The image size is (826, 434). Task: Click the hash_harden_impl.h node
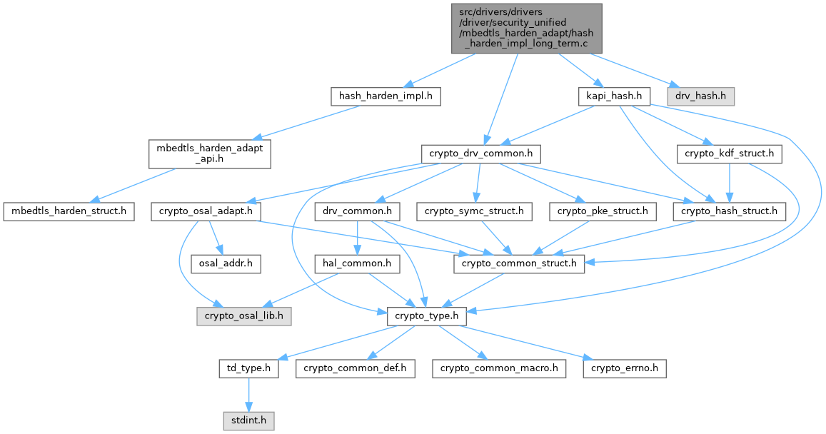click(x=386, y=96)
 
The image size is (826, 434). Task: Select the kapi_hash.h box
click(x=613, y=96)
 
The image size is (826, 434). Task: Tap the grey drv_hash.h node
click(x=700, y=96)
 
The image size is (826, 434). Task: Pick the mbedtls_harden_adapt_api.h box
click(x=210, y=153)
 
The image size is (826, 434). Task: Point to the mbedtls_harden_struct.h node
click(x=69, y=211)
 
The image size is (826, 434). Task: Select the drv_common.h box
click(x=356, y=211)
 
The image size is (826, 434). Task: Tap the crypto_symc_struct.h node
click(x=474, y=211)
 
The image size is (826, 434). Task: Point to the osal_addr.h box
click(x=224, y=263)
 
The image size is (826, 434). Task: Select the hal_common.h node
click(x=356, y=263)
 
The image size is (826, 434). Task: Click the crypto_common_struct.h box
click(x=520, y=263)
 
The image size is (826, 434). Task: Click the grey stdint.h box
click(x=247, y=421)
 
